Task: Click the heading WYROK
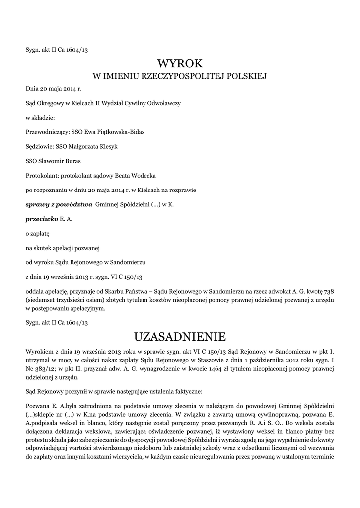180,63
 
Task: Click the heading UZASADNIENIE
180,337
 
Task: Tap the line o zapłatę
37,233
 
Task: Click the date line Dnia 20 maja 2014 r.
53,89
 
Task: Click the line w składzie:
41,118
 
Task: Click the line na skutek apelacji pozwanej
62,247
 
